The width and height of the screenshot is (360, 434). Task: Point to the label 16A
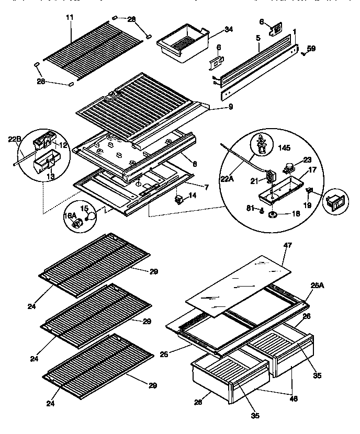click(x=70, y=215)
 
